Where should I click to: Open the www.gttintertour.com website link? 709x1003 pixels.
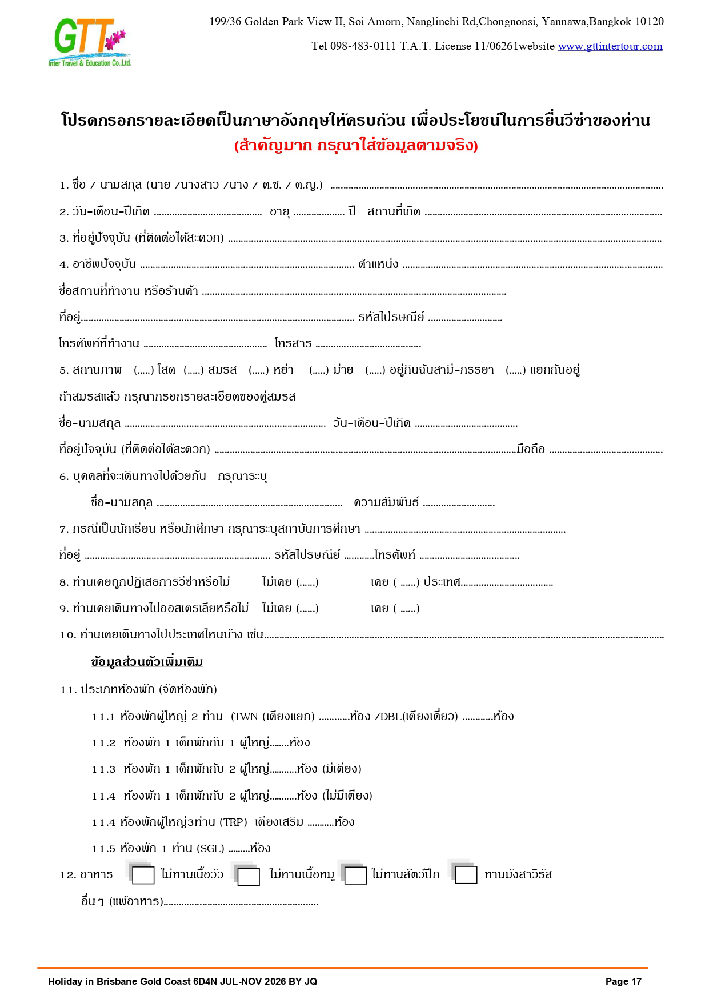pos(610,46)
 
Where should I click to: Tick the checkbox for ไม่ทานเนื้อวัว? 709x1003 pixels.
pos(143,875)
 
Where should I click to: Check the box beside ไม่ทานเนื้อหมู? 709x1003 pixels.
pos(249,876)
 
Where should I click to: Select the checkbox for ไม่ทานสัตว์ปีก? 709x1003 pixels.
pos(355,876)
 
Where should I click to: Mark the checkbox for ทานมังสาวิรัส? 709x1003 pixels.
pos(466,875)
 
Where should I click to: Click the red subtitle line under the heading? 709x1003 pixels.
pos(355,146)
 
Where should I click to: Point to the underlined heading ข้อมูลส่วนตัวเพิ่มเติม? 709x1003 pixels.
pos(147,662)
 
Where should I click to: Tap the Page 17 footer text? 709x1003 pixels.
pos(623,981)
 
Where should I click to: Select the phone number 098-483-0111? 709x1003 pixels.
pos(363,46)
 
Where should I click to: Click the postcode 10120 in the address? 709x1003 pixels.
pos(649,22)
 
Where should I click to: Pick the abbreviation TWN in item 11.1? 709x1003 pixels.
pos(246,717)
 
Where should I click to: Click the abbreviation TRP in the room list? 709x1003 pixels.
pos(234,822)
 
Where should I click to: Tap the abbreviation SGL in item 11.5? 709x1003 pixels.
pos(211,849)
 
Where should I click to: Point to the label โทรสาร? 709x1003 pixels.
pos(293,343)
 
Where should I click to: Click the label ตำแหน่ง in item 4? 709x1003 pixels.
pos(378,264)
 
